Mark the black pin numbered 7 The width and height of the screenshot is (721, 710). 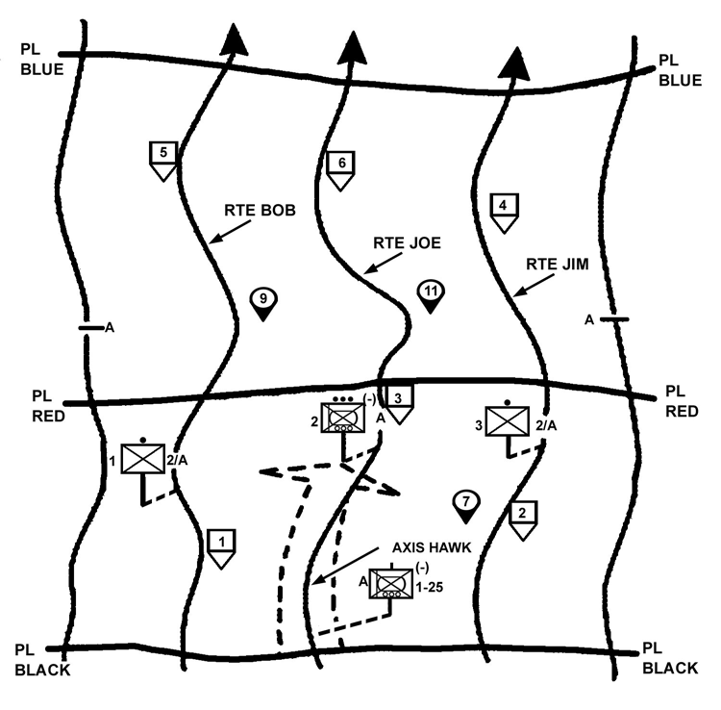click(465, 504)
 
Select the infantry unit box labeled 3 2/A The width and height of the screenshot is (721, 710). click(508, 421)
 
